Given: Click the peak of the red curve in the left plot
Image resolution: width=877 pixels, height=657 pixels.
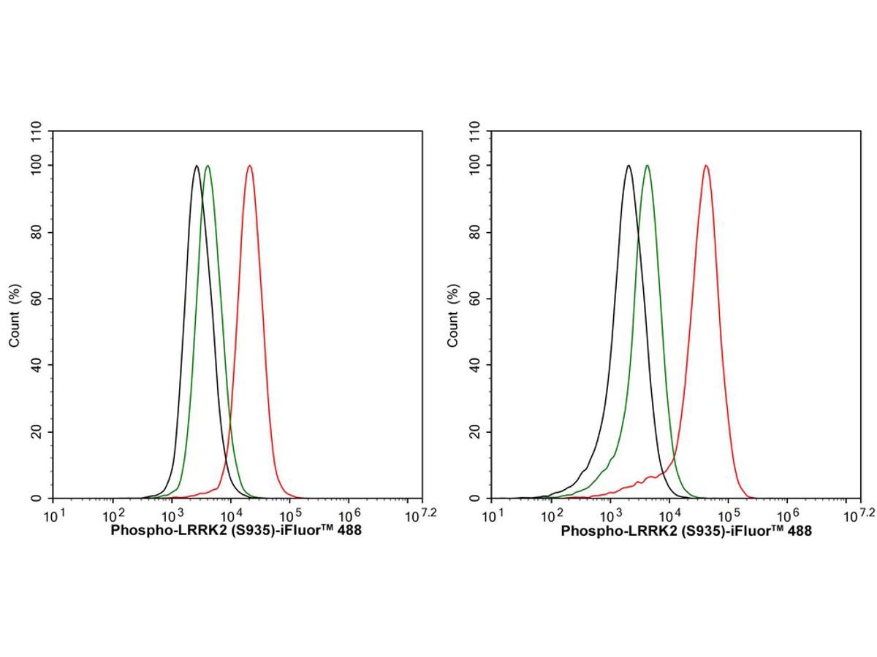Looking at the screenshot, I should pos(250,166).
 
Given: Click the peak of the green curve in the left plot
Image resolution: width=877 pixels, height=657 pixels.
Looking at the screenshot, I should pos(208,166).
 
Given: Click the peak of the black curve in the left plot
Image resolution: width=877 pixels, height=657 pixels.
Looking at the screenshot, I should pos(196,166).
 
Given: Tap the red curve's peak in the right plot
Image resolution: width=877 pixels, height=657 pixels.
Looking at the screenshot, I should pos(706,166).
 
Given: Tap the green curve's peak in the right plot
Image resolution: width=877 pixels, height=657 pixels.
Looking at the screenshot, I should pos(647,166).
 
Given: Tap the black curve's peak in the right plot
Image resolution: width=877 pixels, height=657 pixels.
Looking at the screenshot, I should pos(629,166).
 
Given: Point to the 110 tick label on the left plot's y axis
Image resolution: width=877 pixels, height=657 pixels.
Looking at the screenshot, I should pos(34,132).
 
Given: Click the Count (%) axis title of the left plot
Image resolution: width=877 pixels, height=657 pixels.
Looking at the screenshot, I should pos(15,315).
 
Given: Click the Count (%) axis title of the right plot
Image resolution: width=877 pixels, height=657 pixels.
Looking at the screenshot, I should pos(453,315).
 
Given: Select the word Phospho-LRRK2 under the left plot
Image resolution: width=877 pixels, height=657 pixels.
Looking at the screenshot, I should pos(152,531).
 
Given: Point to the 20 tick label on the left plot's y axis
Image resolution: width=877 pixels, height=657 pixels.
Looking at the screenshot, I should pos(37,431).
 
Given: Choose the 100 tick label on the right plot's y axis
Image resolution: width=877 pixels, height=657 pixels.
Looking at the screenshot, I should pos(472,166).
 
